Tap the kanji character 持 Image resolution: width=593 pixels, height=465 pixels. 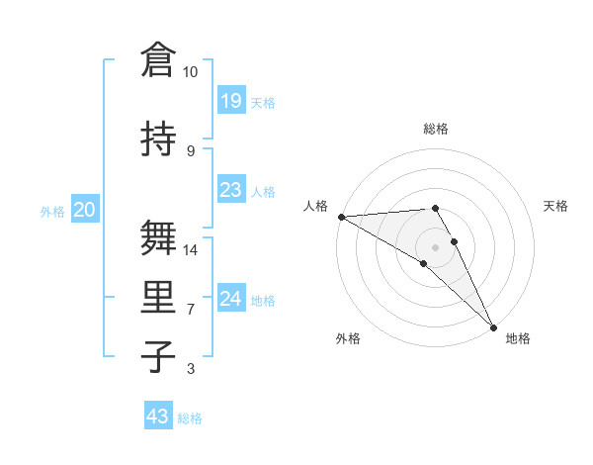tap(160, 139)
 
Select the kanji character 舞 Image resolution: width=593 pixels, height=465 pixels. tap(160, 237)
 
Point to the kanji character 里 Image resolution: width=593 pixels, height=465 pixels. tap(160, 297)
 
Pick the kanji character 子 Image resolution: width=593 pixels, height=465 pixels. tap(160, 356)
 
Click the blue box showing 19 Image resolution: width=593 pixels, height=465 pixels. tap(230, 101)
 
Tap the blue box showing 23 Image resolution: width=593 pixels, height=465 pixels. tap(230, 191)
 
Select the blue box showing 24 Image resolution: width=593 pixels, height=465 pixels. tap(230, 299)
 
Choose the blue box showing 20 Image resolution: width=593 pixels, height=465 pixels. tap(85, 210)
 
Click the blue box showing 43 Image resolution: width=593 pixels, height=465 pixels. tap(158, 417)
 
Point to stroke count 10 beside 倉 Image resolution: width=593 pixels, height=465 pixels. tap(191, 72)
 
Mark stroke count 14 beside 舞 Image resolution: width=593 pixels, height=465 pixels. tap(191, 249)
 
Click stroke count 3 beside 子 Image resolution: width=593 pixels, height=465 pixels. tap(191, 369)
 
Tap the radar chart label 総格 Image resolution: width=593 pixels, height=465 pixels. tap(436, 129)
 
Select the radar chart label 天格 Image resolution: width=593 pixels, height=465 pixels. tap(556, 206)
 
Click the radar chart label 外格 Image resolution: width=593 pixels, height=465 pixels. tap(348, 339)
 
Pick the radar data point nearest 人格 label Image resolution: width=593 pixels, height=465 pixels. tap(341, 217)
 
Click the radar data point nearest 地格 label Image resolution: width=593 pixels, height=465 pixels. tap(493, 326)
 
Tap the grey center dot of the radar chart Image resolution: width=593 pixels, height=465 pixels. tap(435, 246)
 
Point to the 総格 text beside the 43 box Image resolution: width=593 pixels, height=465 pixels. tap(190, 418)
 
